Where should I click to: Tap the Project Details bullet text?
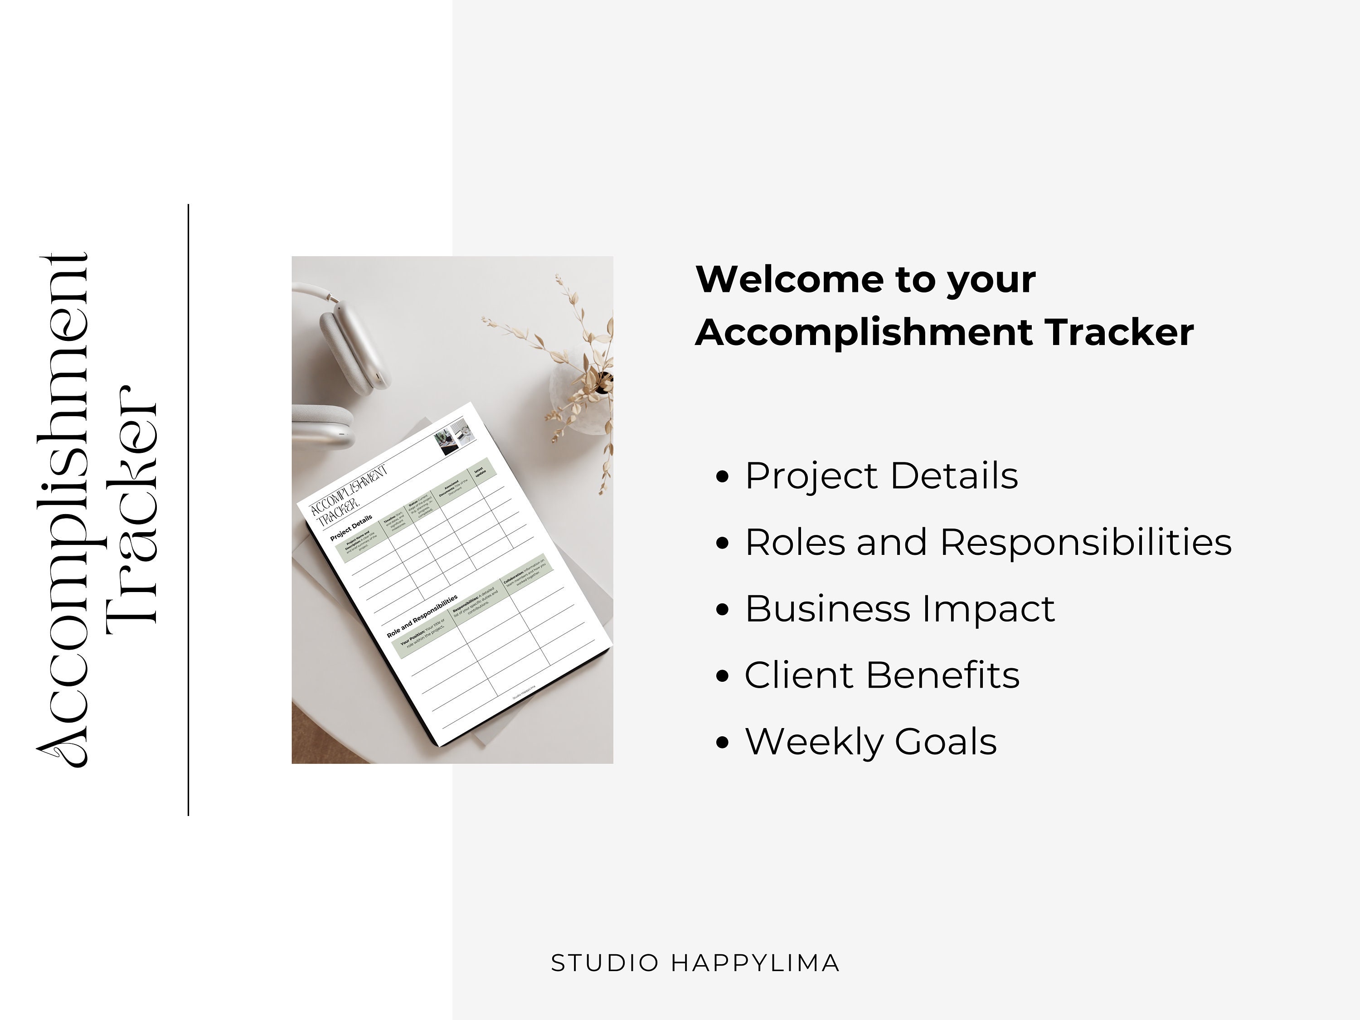[x=881, y=476]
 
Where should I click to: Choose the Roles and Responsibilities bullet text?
[x=988, y=542]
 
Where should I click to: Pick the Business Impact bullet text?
[x=899, y=609]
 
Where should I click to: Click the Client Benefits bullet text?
[x=882, y=675]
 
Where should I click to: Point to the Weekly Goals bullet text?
[x=870, y=742]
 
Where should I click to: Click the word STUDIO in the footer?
[x=605, y=963]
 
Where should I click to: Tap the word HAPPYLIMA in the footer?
[x=755, y=963]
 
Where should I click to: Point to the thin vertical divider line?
[x=188, y=510]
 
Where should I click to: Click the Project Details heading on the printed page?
[x=351, y=528]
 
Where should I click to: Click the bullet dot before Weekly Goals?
[x=723, y=742]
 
